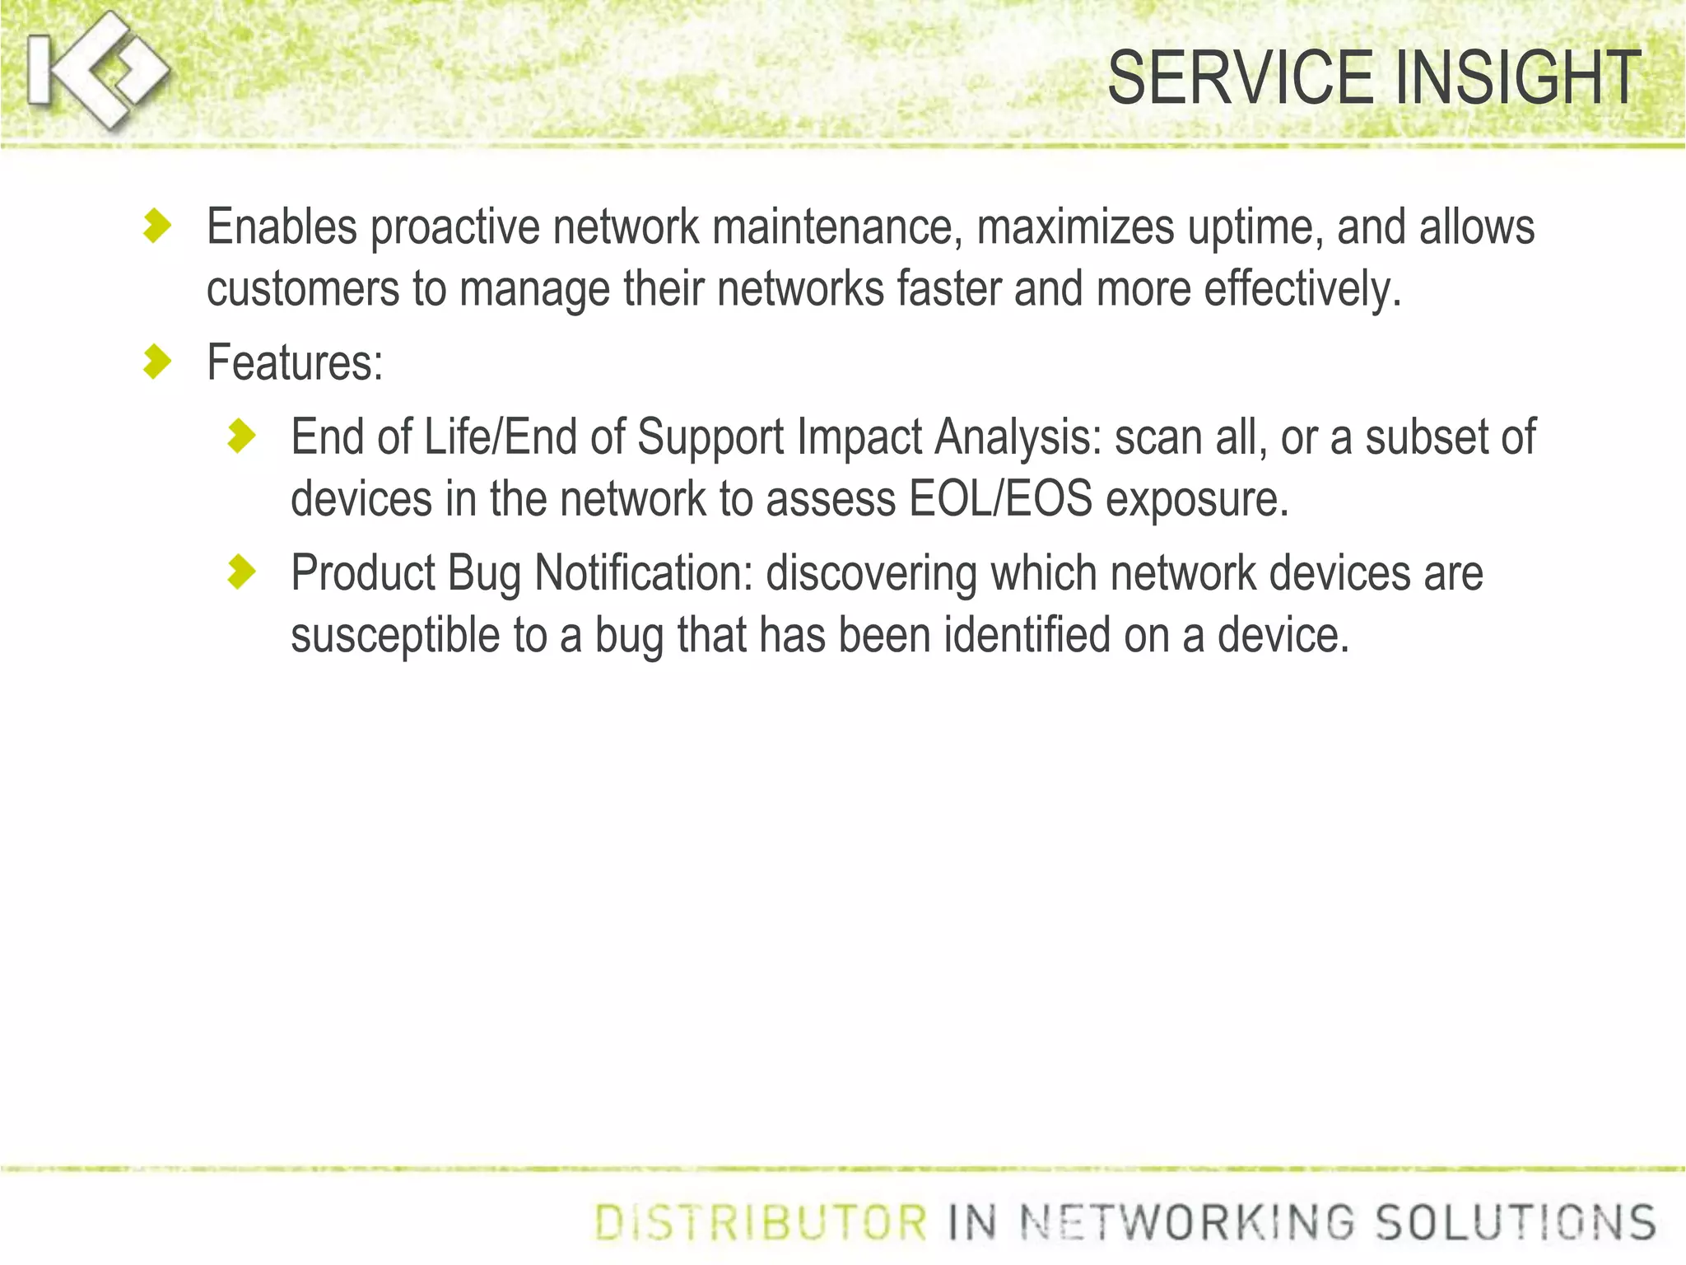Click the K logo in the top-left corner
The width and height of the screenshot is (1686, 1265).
97,71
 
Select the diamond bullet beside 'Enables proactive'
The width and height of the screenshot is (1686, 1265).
156,226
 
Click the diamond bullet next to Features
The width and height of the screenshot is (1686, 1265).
156,362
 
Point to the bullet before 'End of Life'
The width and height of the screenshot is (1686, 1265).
241,436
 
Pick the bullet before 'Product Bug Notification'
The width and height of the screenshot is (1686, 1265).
241,572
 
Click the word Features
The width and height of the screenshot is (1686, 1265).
295,362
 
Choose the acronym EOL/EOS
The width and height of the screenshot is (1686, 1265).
1000,499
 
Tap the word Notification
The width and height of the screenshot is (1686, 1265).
644,573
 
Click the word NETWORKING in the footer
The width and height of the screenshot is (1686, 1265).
1186,1222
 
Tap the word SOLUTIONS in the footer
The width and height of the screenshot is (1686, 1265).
1516,1222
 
